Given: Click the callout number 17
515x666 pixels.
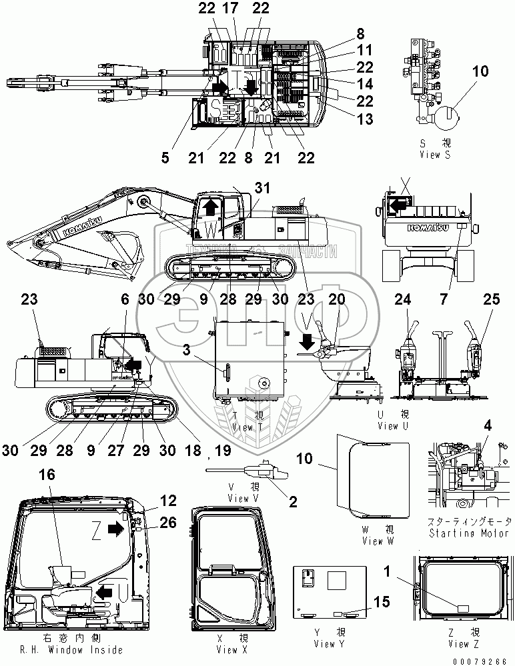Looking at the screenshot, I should [x=229, y=9].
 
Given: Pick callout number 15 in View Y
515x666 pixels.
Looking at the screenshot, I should [x=382, y=602].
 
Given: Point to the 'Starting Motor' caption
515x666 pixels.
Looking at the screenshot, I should [x=470, y=533].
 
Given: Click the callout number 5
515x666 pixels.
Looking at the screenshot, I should [x=165, y=157].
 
